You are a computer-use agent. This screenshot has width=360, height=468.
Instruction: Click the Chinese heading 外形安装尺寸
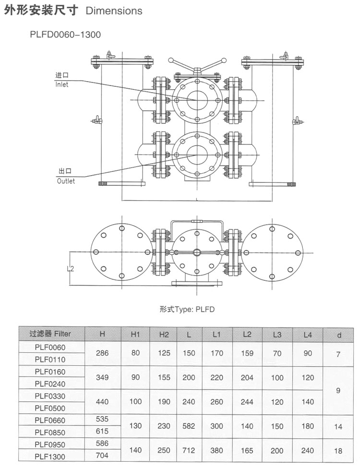[x=41, y=11]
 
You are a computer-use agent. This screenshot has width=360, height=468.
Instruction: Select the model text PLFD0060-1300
[x=65, y=35]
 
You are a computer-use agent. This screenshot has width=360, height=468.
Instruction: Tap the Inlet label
[x=62, y=84]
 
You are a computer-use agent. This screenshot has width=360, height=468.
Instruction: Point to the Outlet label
[x=66, y=181]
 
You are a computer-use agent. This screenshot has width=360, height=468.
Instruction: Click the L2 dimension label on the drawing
[x=71, y=269]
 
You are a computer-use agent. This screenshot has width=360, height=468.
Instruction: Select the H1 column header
[x=135, y=335]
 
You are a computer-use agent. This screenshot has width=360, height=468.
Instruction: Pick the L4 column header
[x=308, y=335]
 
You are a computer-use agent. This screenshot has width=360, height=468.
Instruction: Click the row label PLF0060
[x=50, y=347]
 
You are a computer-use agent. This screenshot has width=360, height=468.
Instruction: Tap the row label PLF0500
[x=50, y=408]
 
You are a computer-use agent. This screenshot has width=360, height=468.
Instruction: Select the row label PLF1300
[x=50, y=457]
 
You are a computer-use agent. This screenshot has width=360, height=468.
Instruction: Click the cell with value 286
[x=102, y=353]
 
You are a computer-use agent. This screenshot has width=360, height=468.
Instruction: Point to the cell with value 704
[x=102, y=456]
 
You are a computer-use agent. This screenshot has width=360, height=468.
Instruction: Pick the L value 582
[x=189, y=426]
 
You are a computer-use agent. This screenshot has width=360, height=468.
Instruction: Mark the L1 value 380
[x=216, y=451]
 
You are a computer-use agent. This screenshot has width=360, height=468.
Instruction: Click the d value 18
[x=338, y=451]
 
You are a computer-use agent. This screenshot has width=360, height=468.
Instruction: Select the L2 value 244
[x=247, y=402]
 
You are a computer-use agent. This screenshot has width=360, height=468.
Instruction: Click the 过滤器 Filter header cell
[x=50, y=334]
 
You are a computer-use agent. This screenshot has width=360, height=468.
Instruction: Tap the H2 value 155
[x=164, y=377]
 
